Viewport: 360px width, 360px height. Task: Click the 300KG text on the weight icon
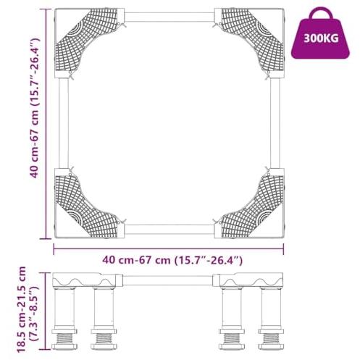[x=321, y=38]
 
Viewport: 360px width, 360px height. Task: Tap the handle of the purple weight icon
[x=322, y=12]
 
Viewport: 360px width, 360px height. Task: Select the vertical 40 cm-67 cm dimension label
[x=35, y=108]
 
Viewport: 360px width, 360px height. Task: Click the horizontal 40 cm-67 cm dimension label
[x=172, y=260]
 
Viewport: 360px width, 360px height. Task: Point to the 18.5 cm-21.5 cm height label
[x=22, y=309]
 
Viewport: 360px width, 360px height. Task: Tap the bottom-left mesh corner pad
[x=86, y=206]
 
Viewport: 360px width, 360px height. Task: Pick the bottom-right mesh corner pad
[x=252, y=206]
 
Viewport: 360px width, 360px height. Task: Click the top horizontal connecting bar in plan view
[x=169, y=17]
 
